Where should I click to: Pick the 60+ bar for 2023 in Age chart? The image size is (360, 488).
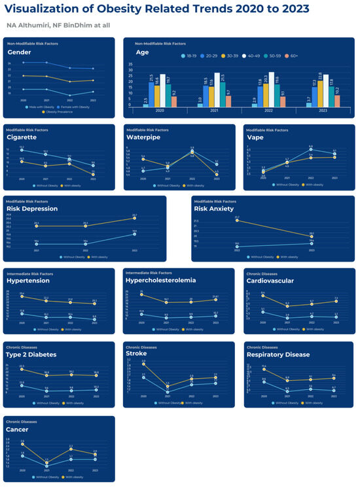pyautogui.click(x=336, y=100)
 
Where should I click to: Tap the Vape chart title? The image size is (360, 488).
pyautogui.click(x=256, y=138)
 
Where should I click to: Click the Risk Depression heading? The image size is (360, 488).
pyautogui.click(x=32, y=209)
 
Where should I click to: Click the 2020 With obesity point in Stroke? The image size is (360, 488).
pyautogui.click(x=143, y=363)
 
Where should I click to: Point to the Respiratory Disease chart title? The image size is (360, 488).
pyautogui.click(x=282, y=354)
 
